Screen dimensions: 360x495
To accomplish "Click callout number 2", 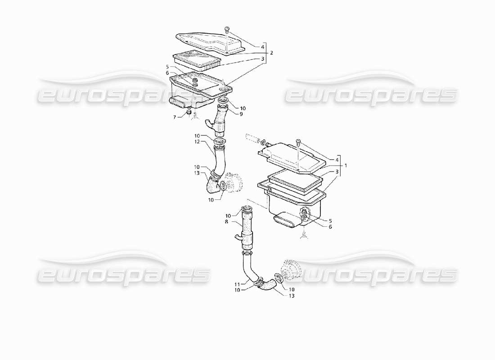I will [x=271, y=53].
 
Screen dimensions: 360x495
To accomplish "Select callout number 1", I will [x=346, y=166].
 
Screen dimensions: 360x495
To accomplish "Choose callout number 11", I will [x=237, y=284].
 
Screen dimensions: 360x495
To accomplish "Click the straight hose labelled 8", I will [x=246, y=229].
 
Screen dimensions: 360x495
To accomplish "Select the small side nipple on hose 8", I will [x=237, y=237].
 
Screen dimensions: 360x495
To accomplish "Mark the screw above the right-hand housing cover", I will [x=298, y=143].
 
